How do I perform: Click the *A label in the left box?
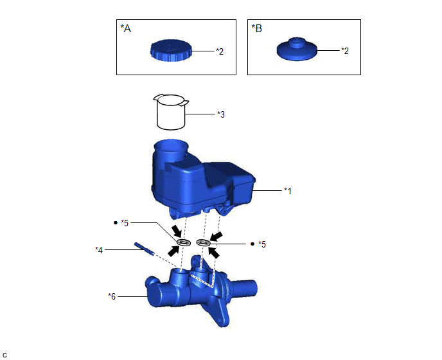pyautogui.click(x=126, y=28)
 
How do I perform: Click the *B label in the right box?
pyautogui.click(x=256, y=28)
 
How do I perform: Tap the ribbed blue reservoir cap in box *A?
pyautogui.click(x=171, y=50)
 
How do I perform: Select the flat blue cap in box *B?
pyautogui.click(x=297, y=49)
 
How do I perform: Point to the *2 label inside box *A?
pyautogui.click(x=220, y=51)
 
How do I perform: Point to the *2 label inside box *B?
pyautogui.click(x=345, y=51)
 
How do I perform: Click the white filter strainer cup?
pyautogui.click(x=171, y=113)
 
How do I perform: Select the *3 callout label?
pyautogui.click(x=221, y=114)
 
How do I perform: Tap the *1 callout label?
pyautogui.click(x=288, y=191)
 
